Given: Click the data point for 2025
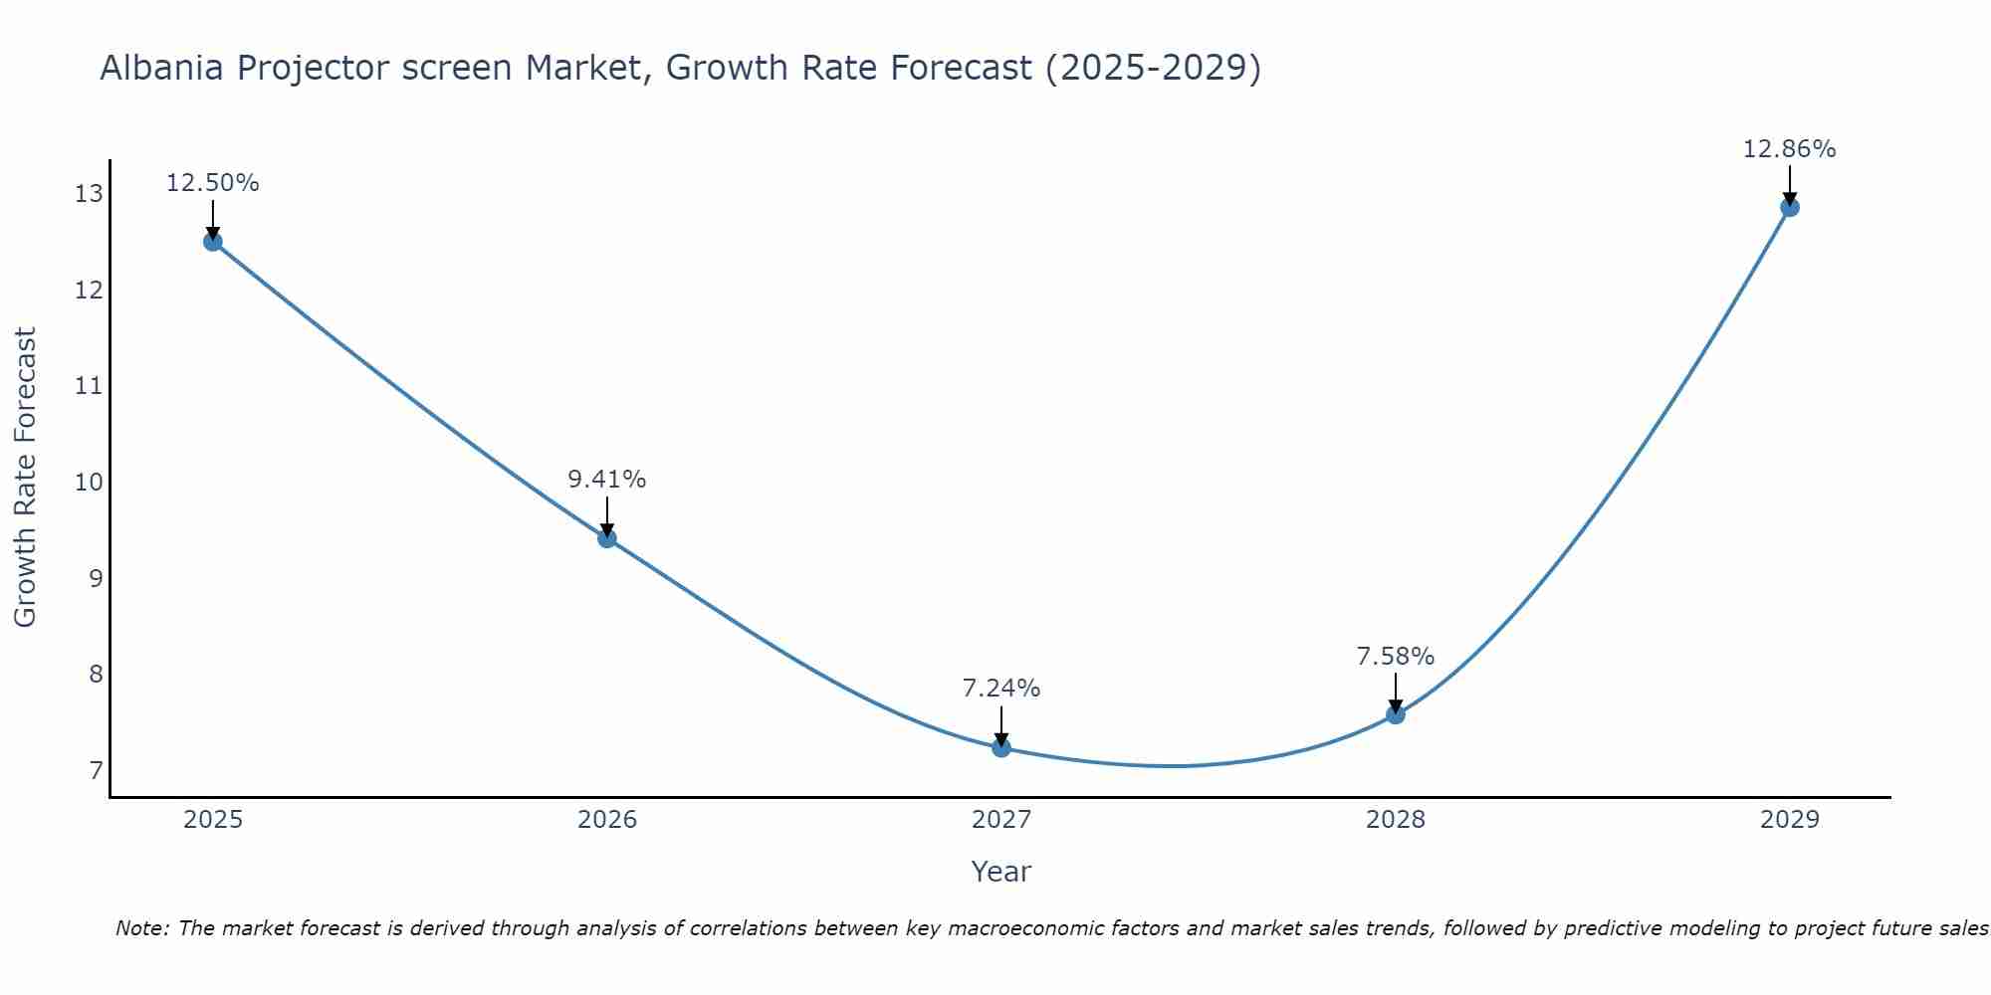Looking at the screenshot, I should (213, 241).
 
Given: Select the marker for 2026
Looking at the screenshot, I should (607, 538).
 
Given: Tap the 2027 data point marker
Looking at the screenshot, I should (1001, 747).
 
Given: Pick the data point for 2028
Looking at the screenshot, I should (1396, 714).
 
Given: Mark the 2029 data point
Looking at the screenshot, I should (1790, 207).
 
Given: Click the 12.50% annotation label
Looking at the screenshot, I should (212, 183).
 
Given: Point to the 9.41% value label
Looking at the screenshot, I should (606, 480).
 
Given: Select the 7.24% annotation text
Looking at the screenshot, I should (1000, 689).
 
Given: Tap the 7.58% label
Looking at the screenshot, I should (1395, 657).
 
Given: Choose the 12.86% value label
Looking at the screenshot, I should (1789, 149).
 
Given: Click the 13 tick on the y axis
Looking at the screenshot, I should (89, 194).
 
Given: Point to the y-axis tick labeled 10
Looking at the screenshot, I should (89, 483).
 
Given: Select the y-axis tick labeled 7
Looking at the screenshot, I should (96, 771).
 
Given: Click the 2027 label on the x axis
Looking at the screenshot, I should (1001, 820).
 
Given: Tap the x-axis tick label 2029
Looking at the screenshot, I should (1790, 820).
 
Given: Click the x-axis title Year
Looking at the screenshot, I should (1000, 872).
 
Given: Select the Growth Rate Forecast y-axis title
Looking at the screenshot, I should (25, 477).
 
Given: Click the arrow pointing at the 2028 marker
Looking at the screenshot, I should (1396, 693).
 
